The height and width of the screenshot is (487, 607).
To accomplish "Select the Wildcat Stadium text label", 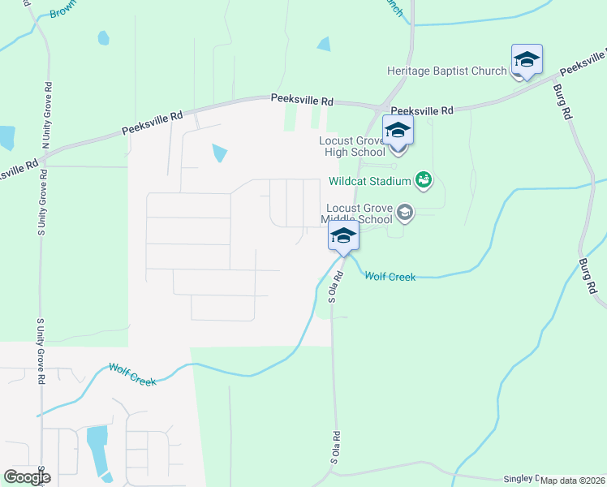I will pyautogui.click(x=370, y=181).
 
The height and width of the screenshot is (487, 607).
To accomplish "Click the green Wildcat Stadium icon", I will pyautogui.click(x=423, y=179).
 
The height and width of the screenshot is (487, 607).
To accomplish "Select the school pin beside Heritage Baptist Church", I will pyautogui.click(x=527, y=61).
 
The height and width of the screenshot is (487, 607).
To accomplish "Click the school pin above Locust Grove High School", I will pyautogui.click(x=398, y=131).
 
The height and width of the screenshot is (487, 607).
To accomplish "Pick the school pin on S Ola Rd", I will pyautogui.click(x=343, y=238).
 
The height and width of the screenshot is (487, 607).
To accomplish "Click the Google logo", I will pyautogui.click(x=27, y=477).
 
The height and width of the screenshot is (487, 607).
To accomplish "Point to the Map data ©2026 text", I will pyautogui.click(x=573, y=481).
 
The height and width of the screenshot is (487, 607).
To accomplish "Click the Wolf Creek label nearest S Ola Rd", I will pyautogui.click(x=390, y=277).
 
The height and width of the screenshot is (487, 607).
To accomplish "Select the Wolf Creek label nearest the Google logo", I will pyautogui.click(x=132, y=375).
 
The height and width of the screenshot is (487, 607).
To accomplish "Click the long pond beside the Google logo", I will pyautogui.click(x=97, y=450).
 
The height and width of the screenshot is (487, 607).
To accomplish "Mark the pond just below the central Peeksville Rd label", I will pyautogui.click(x=219, y=153).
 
